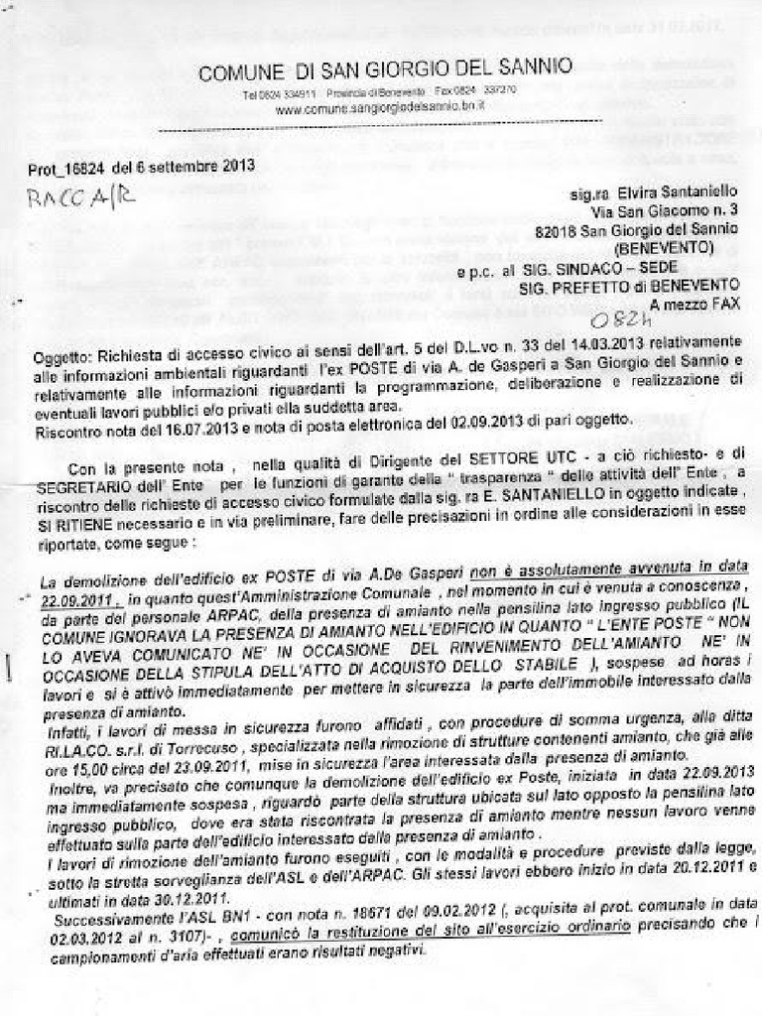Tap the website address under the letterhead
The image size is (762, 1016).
coord(380,105)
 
